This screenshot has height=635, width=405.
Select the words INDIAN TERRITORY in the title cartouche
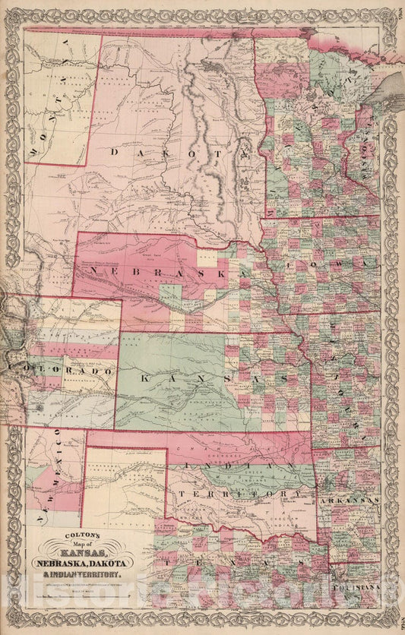pos(97,575)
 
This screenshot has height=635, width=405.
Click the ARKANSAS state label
pos(349,502)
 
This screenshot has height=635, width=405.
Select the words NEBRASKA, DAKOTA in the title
pos(97,563)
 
